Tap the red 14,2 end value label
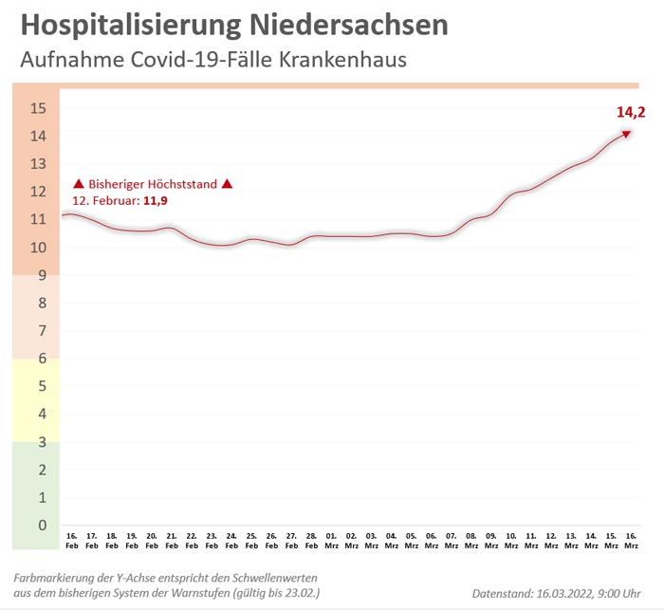tap(631, 113)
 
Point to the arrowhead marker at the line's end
tap(626, 134)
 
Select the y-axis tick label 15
tap(39, 108)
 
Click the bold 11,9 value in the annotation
tap(157, 201)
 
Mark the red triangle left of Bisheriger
tap(79, 184)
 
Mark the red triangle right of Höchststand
tap(227, 184)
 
